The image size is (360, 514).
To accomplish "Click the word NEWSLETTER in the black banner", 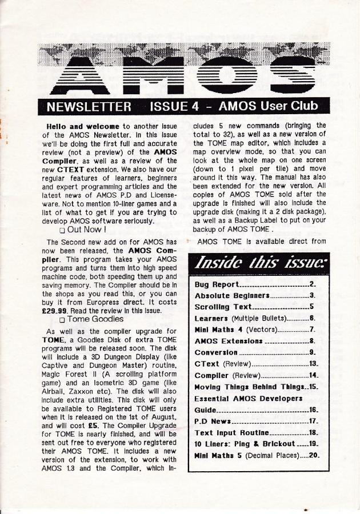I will click(88, 107).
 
